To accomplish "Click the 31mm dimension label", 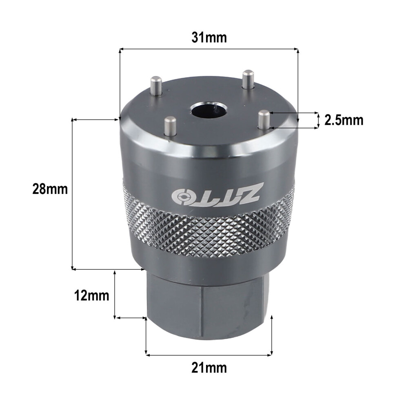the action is (x=209, y=38).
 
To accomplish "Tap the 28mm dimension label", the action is (x=50, y=189).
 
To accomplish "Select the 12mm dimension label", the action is (x=91, y=295).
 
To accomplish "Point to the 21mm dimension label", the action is (x=209, y=368).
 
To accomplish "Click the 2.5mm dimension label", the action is (x=344, y=120).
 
